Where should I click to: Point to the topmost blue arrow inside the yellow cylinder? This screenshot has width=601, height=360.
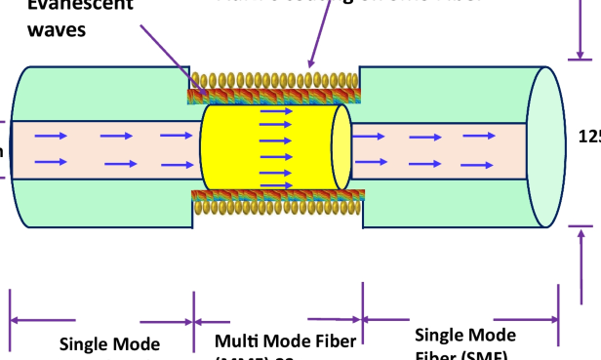(278, 112)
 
